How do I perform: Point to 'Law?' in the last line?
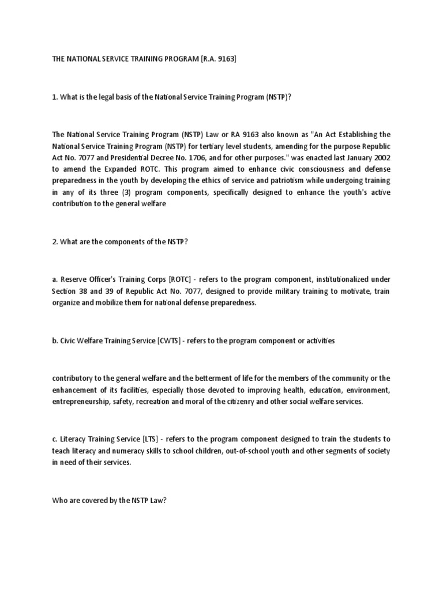(x=157, y=500)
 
